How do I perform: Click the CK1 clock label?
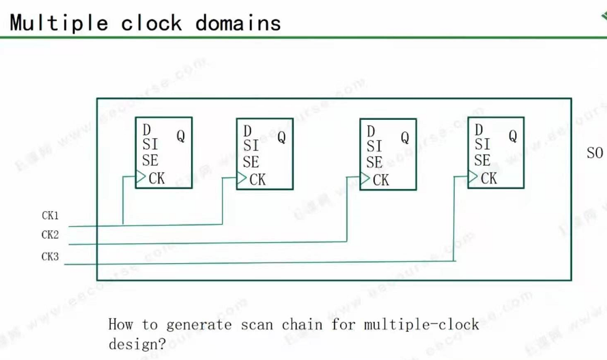click(50, 216)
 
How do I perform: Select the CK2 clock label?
click(50, 235)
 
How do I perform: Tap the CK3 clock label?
click(50, 256)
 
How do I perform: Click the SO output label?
click(595, 153)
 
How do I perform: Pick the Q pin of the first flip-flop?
click(181, 136)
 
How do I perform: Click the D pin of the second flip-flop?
click(247, 131)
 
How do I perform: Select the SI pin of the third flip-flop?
click(374, 147)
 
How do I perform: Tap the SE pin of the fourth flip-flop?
click(482, 161)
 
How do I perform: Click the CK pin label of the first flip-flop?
click(157, 178)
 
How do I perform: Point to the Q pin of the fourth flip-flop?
click(513, 136)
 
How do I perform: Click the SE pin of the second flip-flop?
click(250, 162)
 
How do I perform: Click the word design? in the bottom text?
click(137, 344)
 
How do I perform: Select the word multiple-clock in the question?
click(421, 324)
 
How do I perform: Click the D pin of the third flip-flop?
click(371, 132)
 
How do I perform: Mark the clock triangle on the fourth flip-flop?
click(473, 177)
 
